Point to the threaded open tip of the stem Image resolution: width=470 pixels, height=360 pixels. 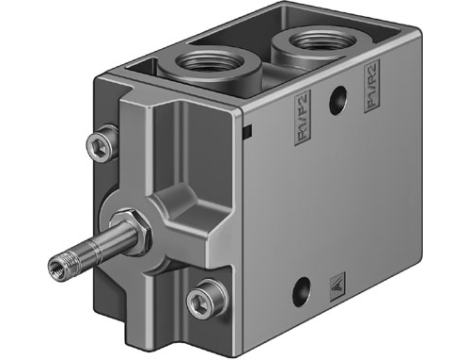pyautogui.click(x=56, y=266)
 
